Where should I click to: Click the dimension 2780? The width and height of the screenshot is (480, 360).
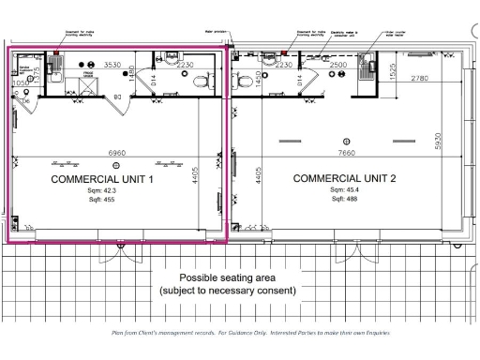point(419,78)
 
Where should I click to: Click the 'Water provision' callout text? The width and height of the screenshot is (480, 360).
point(217,31)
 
